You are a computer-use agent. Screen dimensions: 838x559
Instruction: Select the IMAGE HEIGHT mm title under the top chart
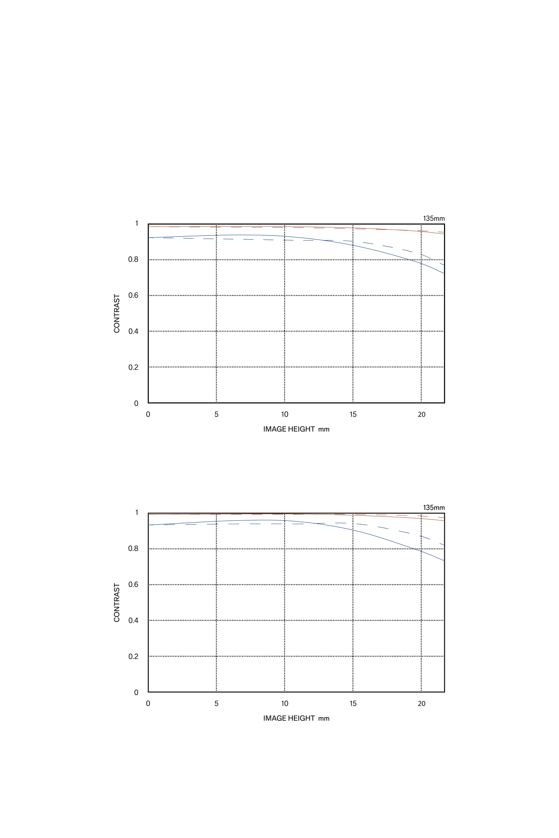tap(296, 429)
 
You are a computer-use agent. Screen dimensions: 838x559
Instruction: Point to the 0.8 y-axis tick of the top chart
tap(133, 259)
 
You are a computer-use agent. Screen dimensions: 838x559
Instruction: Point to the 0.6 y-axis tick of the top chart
tap(133, 295)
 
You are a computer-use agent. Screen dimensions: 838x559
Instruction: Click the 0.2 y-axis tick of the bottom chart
tap(133, 656)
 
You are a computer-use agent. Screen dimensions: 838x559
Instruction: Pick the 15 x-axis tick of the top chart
tap(353, 414)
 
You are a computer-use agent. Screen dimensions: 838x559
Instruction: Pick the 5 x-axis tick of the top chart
tap(216, 414)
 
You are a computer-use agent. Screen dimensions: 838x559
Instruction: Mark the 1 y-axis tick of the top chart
tap(137, 223)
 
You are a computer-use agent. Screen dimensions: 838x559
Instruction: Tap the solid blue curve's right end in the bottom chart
tap(443, 560)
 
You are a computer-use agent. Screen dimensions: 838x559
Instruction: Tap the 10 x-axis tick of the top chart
tap(284, 414)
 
